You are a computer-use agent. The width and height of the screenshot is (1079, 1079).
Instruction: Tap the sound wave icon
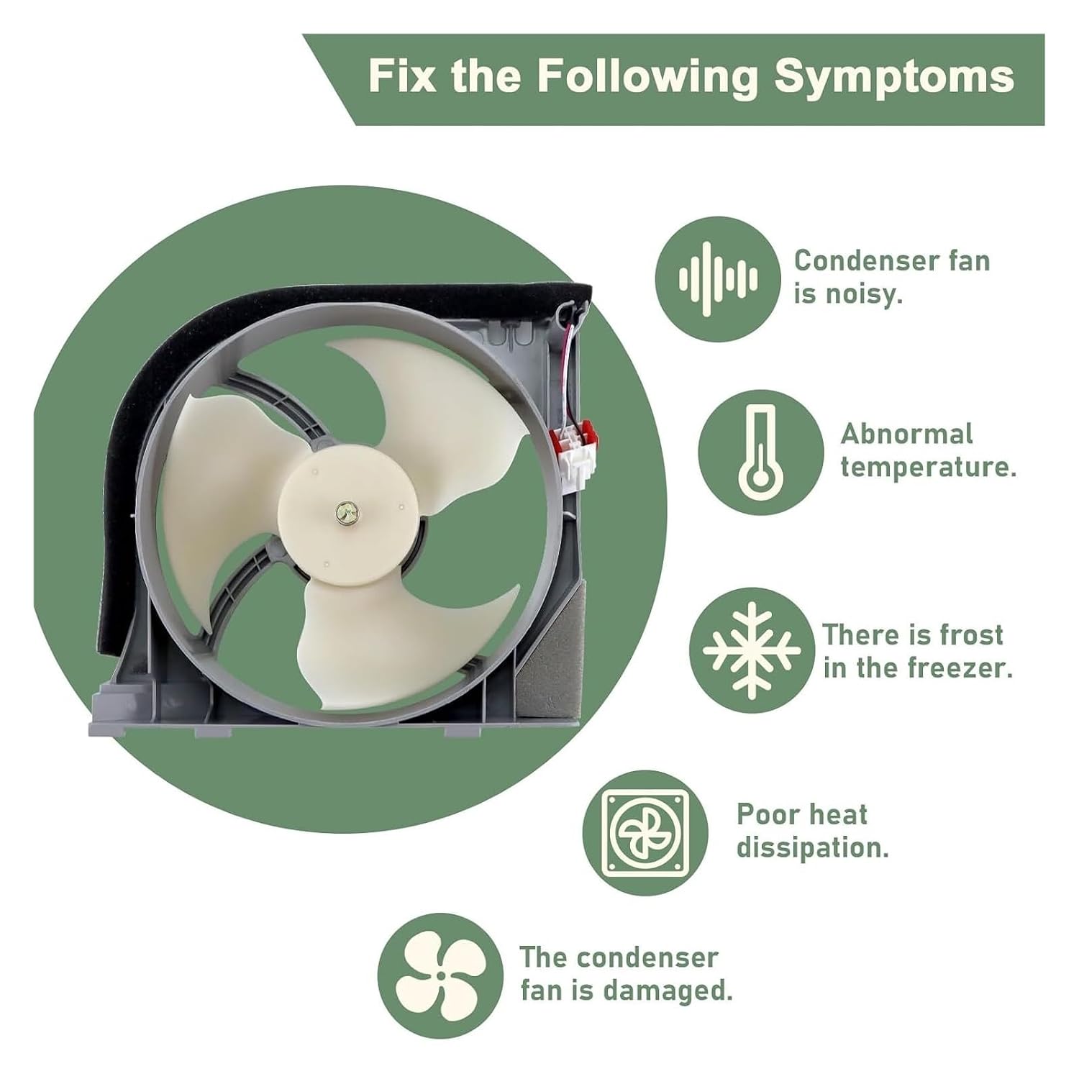pos(718,278)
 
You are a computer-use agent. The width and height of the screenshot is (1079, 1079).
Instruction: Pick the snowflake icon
pos(752,650)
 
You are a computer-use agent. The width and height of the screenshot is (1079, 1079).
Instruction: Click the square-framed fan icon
pos(645,832)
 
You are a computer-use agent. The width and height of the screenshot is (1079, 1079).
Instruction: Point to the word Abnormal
pos(906,434)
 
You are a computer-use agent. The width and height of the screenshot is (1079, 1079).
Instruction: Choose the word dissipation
pos(812,847)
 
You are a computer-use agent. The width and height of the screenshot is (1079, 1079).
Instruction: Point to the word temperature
pos(929,467)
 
